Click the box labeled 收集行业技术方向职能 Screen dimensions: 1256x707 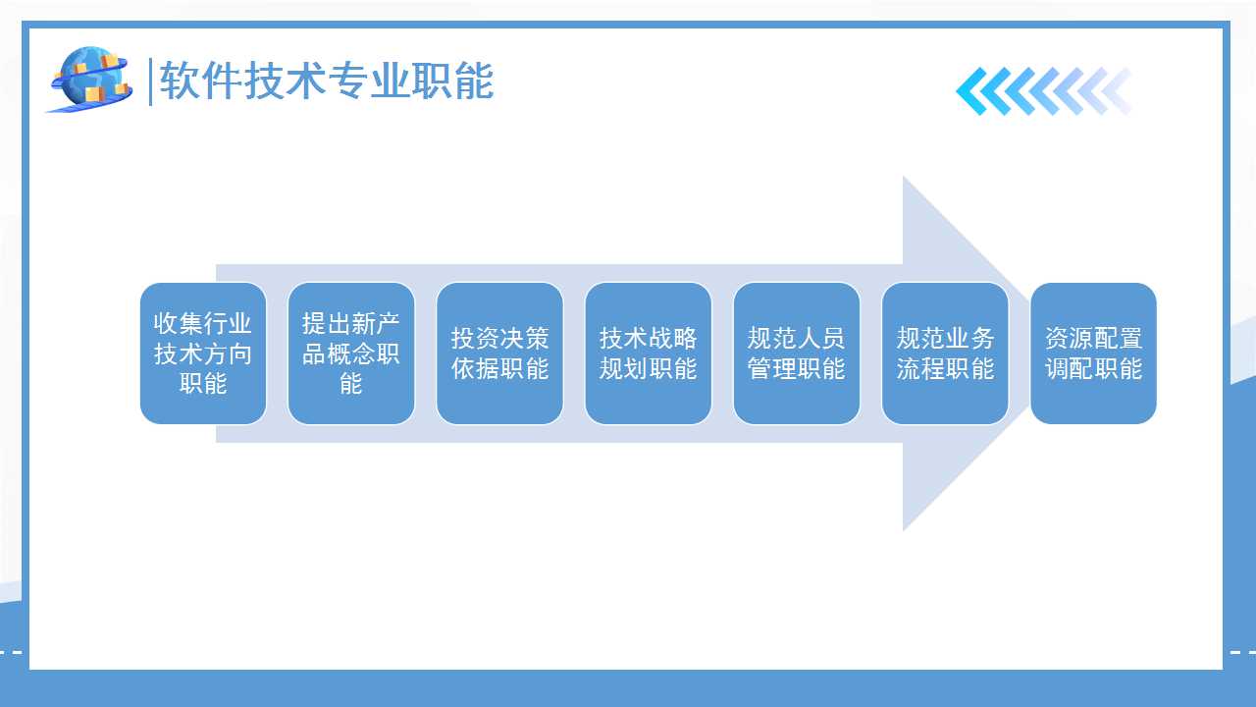203,353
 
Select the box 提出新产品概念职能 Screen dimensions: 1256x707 351,353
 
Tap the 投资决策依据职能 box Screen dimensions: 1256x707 499,353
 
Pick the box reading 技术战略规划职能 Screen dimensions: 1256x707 649,353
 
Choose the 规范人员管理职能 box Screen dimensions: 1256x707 796,353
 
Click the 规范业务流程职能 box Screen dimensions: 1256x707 945,353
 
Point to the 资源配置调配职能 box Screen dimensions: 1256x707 1093,353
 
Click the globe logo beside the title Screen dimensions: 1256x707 89,80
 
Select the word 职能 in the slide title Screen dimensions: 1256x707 452,81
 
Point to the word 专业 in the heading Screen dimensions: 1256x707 368,81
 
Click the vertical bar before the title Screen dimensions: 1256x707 150,82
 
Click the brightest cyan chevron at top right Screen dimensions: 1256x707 971,91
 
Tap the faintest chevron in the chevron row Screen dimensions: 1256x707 1119,91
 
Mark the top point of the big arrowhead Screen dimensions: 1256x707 904,176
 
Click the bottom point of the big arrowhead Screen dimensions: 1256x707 904,530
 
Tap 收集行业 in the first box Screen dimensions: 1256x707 202,323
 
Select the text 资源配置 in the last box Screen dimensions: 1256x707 1093,339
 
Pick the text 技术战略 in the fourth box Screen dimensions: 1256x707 649,339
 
